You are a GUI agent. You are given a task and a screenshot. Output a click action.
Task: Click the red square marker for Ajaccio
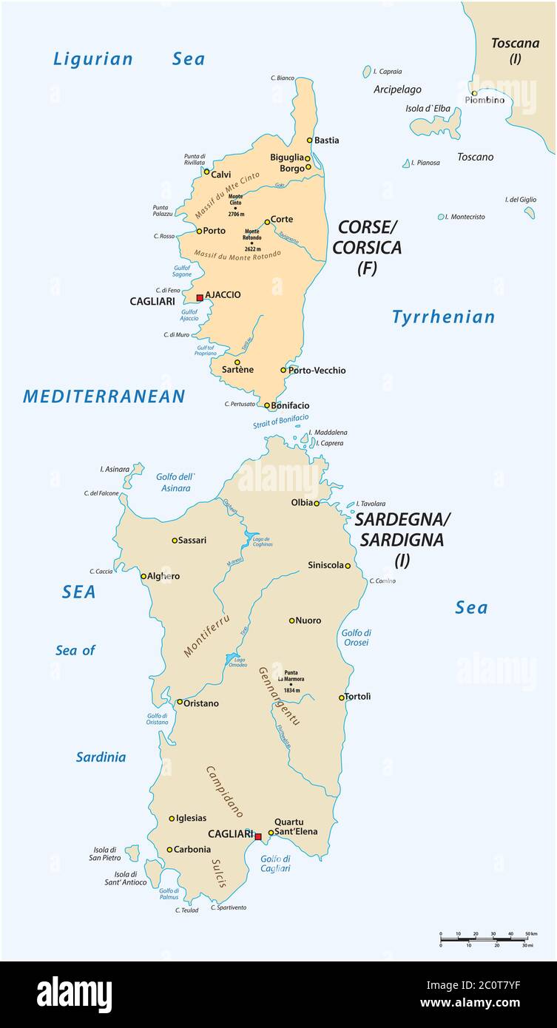coord(199,297)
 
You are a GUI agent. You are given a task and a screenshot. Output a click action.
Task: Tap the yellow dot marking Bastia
coord(310,140)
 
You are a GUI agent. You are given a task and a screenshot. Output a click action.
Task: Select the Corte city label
coord(282,219)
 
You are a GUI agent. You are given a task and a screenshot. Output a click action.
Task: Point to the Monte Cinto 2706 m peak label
coord(235,204)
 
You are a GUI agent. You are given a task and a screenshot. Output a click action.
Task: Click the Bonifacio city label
coord(291,405)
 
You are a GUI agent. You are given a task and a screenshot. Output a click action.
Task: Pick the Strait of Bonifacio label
coord(281,421)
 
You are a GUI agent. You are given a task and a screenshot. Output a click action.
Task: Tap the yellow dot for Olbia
coord(317,503)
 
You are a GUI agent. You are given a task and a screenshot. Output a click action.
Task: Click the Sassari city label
coord(192,540)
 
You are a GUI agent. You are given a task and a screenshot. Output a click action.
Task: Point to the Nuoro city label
coord(308,620)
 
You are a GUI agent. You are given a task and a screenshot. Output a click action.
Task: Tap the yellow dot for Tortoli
coord(341,697)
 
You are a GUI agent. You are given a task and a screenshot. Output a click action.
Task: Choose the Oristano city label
coord(200,703)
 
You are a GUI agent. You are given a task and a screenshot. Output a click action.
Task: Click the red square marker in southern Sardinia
coord(257,836)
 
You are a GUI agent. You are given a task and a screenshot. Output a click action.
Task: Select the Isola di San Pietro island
coord(132,853)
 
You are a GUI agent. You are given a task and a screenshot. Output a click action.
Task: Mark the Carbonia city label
coord(193,850)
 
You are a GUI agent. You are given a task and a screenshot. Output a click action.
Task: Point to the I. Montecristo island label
coord(467,217)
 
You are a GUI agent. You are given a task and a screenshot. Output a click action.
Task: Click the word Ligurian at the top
coord(93,59)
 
